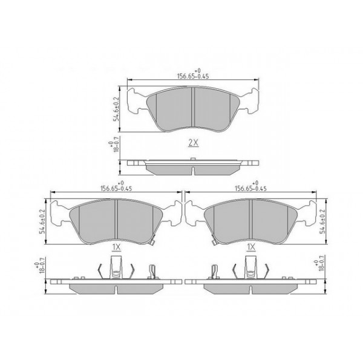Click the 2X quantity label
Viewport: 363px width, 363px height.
pos(193,143)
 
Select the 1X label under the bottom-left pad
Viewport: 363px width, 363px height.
pos(116,247)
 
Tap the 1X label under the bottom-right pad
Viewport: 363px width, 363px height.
pos(250,247)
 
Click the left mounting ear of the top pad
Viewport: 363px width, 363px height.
pos(137,100)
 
